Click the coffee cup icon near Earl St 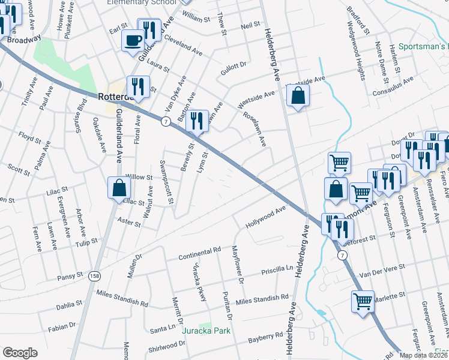tap(133, 41)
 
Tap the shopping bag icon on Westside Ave tap(298, 95)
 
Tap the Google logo tap(20, 353)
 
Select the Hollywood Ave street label tap(266, 218)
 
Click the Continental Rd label tap(200, 253)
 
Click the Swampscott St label tap(167, 181)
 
